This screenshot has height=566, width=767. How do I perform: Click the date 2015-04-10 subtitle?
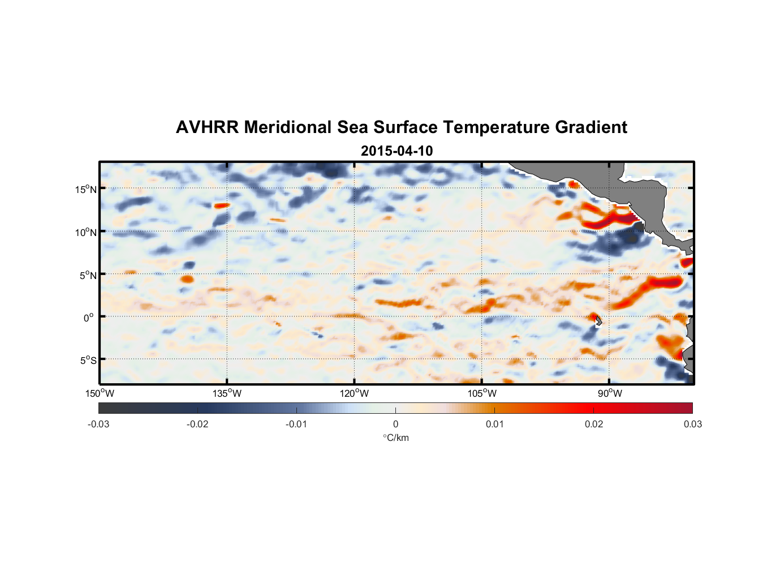[x=397, y=151]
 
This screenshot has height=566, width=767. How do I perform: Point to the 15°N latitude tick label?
[x=86, y=189]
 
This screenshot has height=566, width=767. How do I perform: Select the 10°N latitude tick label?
[x=86, y=232]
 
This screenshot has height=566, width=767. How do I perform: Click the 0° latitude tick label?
[x=89, y=318]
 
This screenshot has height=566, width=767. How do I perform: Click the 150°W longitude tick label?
[x=100, y=393]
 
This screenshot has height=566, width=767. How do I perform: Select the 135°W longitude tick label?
[x=227, y=393]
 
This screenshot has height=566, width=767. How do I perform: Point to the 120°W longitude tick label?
[x=354, y=393]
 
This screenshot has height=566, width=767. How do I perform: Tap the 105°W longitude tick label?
[x=482, y=393]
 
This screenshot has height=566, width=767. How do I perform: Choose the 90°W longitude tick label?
[x=610, y=393]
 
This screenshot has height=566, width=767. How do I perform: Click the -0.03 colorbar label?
[x=98, y=424]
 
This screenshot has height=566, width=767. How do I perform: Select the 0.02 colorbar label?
[x=594, y=424]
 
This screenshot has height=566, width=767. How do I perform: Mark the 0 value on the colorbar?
[x=395, y=424]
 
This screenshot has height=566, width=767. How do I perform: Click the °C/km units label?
[x=395, y=438]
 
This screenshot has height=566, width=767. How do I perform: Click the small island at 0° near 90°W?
[x=598, y=321]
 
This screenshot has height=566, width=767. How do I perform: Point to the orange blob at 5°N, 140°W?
[x=187, y=278]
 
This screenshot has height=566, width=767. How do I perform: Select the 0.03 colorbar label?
[x=692, y=424]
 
